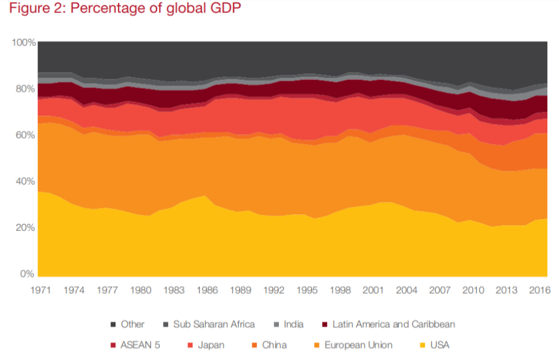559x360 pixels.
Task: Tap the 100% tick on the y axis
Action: tap(23, 42)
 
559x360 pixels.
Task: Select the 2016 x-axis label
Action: tap(540, 289)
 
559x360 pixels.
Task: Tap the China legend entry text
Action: tap(275, 344)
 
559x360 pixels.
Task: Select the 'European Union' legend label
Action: tap(358, 344)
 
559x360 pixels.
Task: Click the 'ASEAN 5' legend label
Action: tap(140, 344)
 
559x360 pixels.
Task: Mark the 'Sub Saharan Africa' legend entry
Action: tap(213, 324)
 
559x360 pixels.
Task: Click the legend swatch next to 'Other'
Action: tap(113, 324)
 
